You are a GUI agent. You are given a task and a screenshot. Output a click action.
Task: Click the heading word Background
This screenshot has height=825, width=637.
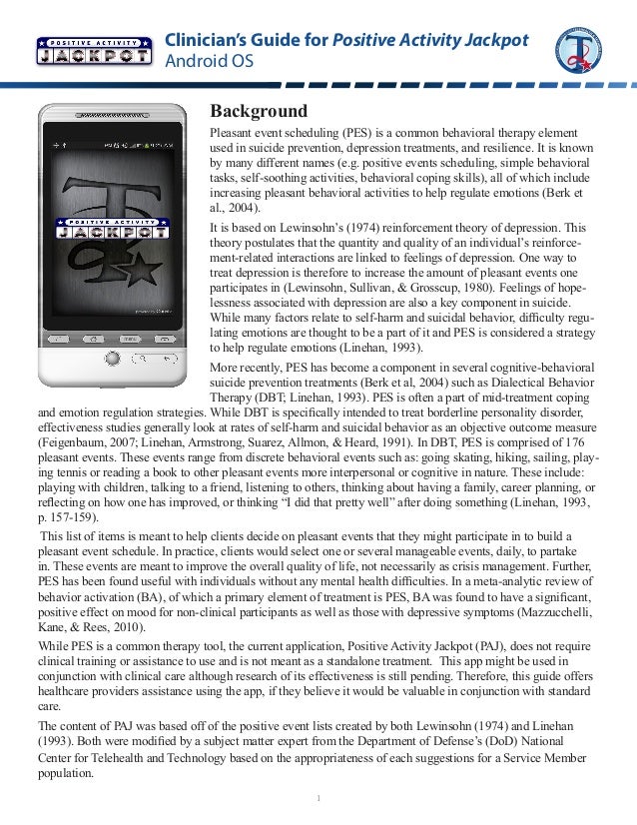click(x=258, y=111)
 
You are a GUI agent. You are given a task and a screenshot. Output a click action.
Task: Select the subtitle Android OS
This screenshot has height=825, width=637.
click(x=209, y=63)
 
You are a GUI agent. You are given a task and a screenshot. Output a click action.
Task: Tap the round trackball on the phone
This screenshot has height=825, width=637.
click(x=112, y=357)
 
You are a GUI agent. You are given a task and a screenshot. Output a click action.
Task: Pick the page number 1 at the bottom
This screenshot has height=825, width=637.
click(x=318, y=797)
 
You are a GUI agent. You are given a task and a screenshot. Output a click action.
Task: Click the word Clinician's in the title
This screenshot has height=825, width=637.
click(x=203, y=41)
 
